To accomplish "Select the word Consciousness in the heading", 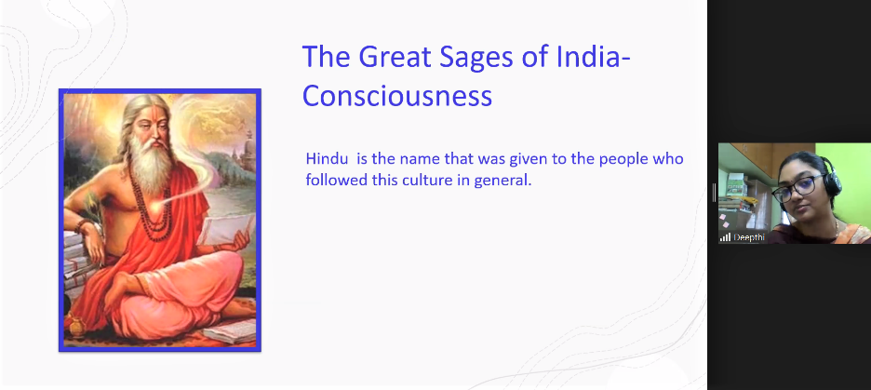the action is click(397, 96).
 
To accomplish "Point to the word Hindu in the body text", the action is click(323, 159).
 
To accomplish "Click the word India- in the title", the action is click(594, 57).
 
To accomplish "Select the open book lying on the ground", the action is click(229, 332).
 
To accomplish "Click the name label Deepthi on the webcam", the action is click(749, 237).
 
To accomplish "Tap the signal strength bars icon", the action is click(726, 237).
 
